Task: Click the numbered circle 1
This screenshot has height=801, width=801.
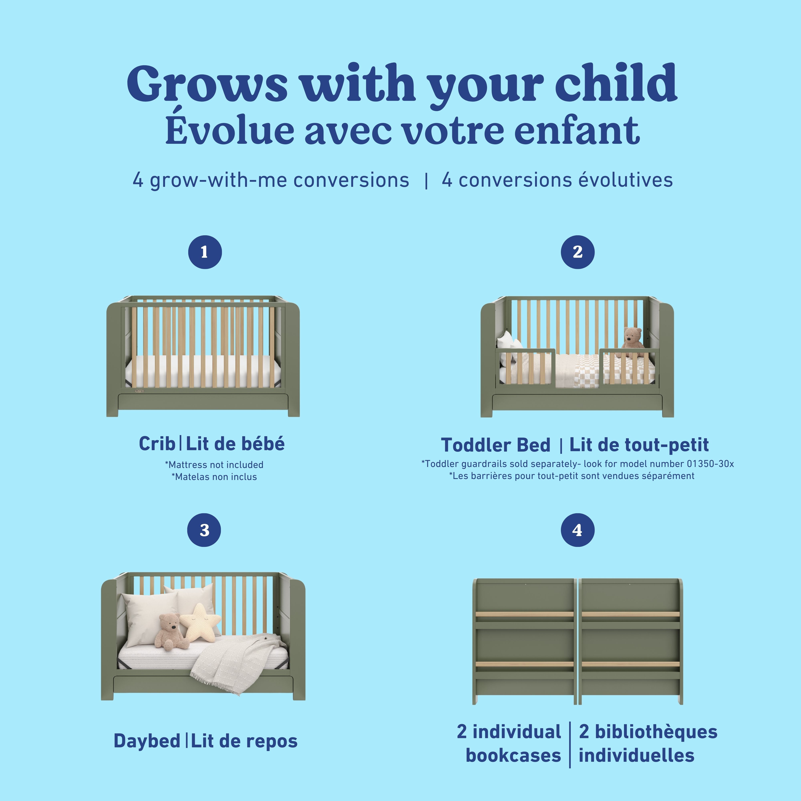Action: coord(205,252)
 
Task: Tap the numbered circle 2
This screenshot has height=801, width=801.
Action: coord(578,252)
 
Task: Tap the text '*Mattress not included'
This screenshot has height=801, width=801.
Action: coord(214,465)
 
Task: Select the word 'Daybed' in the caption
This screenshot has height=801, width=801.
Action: coord(147,741)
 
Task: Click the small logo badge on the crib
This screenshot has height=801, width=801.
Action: coord(139,390)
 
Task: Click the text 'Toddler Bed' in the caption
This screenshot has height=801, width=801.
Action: coord(495,445)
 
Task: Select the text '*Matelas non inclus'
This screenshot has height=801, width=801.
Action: coord(214,477)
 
